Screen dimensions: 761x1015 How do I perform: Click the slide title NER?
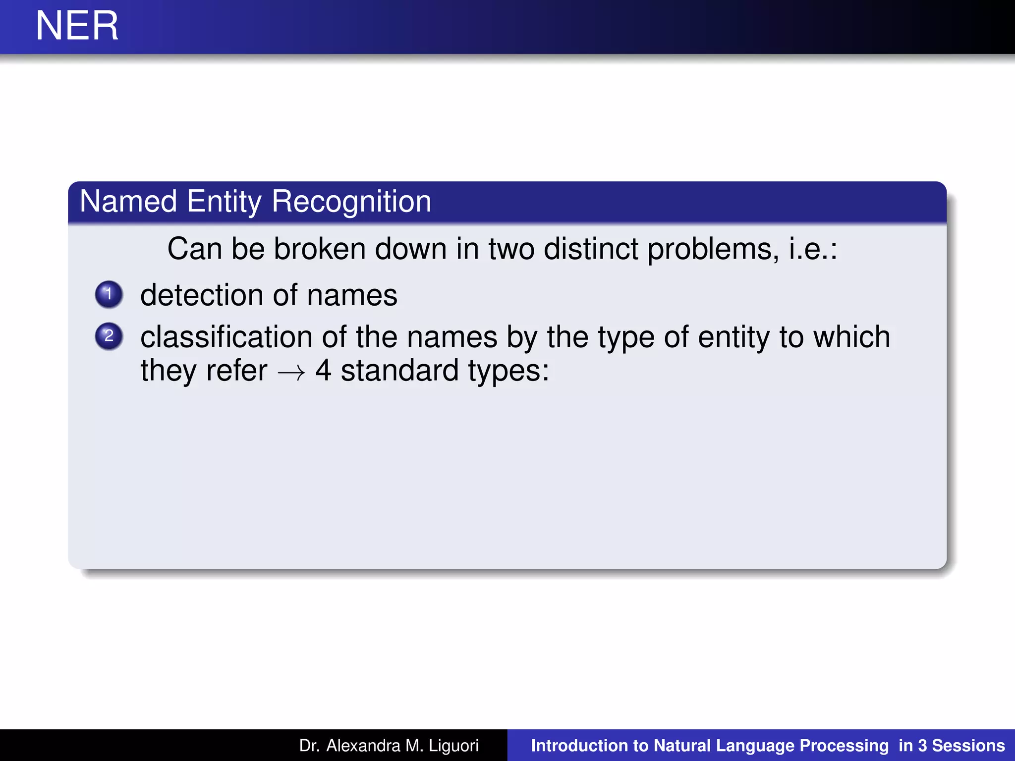(x=77, y=26)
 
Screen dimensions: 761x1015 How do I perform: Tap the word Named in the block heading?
(x=128, y=202)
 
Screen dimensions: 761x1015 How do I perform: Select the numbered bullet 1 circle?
(x=109, y=294)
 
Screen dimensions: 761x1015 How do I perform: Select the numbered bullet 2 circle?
(x=109, y=336)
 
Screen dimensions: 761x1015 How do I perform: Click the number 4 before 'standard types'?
(x=323, y=371)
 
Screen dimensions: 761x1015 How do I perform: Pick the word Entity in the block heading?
(x=224, y=202)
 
